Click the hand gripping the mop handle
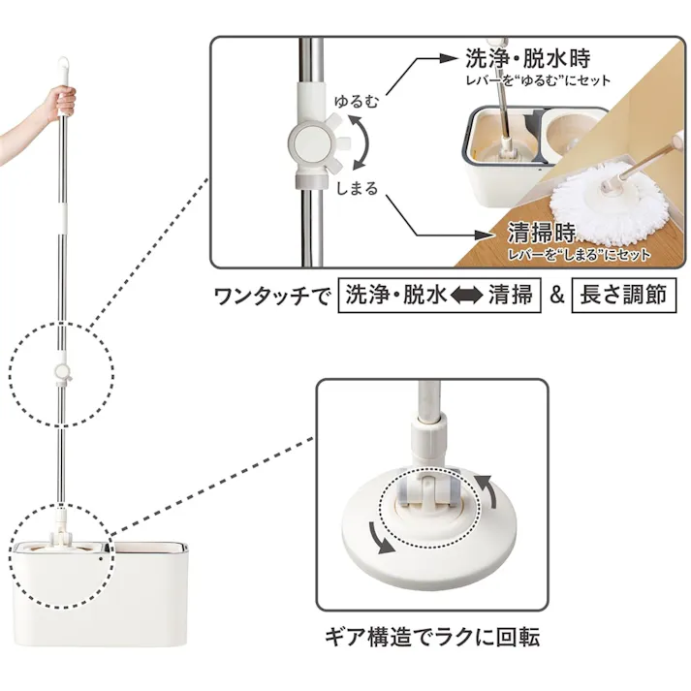(x=60, y=100)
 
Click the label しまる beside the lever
(x=357, y=188)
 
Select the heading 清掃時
(x=540, y=234)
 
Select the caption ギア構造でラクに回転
(x=431, y=637)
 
